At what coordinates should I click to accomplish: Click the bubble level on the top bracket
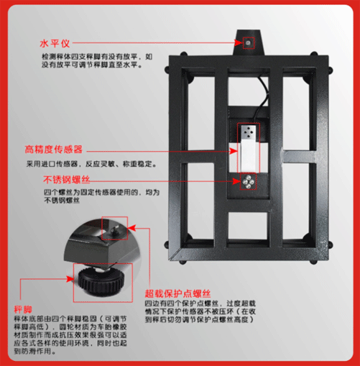[248, 44]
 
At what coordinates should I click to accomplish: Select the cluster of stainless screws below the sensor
[248, 183]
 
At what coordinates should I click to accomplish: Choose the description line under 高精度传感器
[92, 164]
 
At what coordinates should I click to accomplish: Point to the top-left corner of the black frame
[172, 60]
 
